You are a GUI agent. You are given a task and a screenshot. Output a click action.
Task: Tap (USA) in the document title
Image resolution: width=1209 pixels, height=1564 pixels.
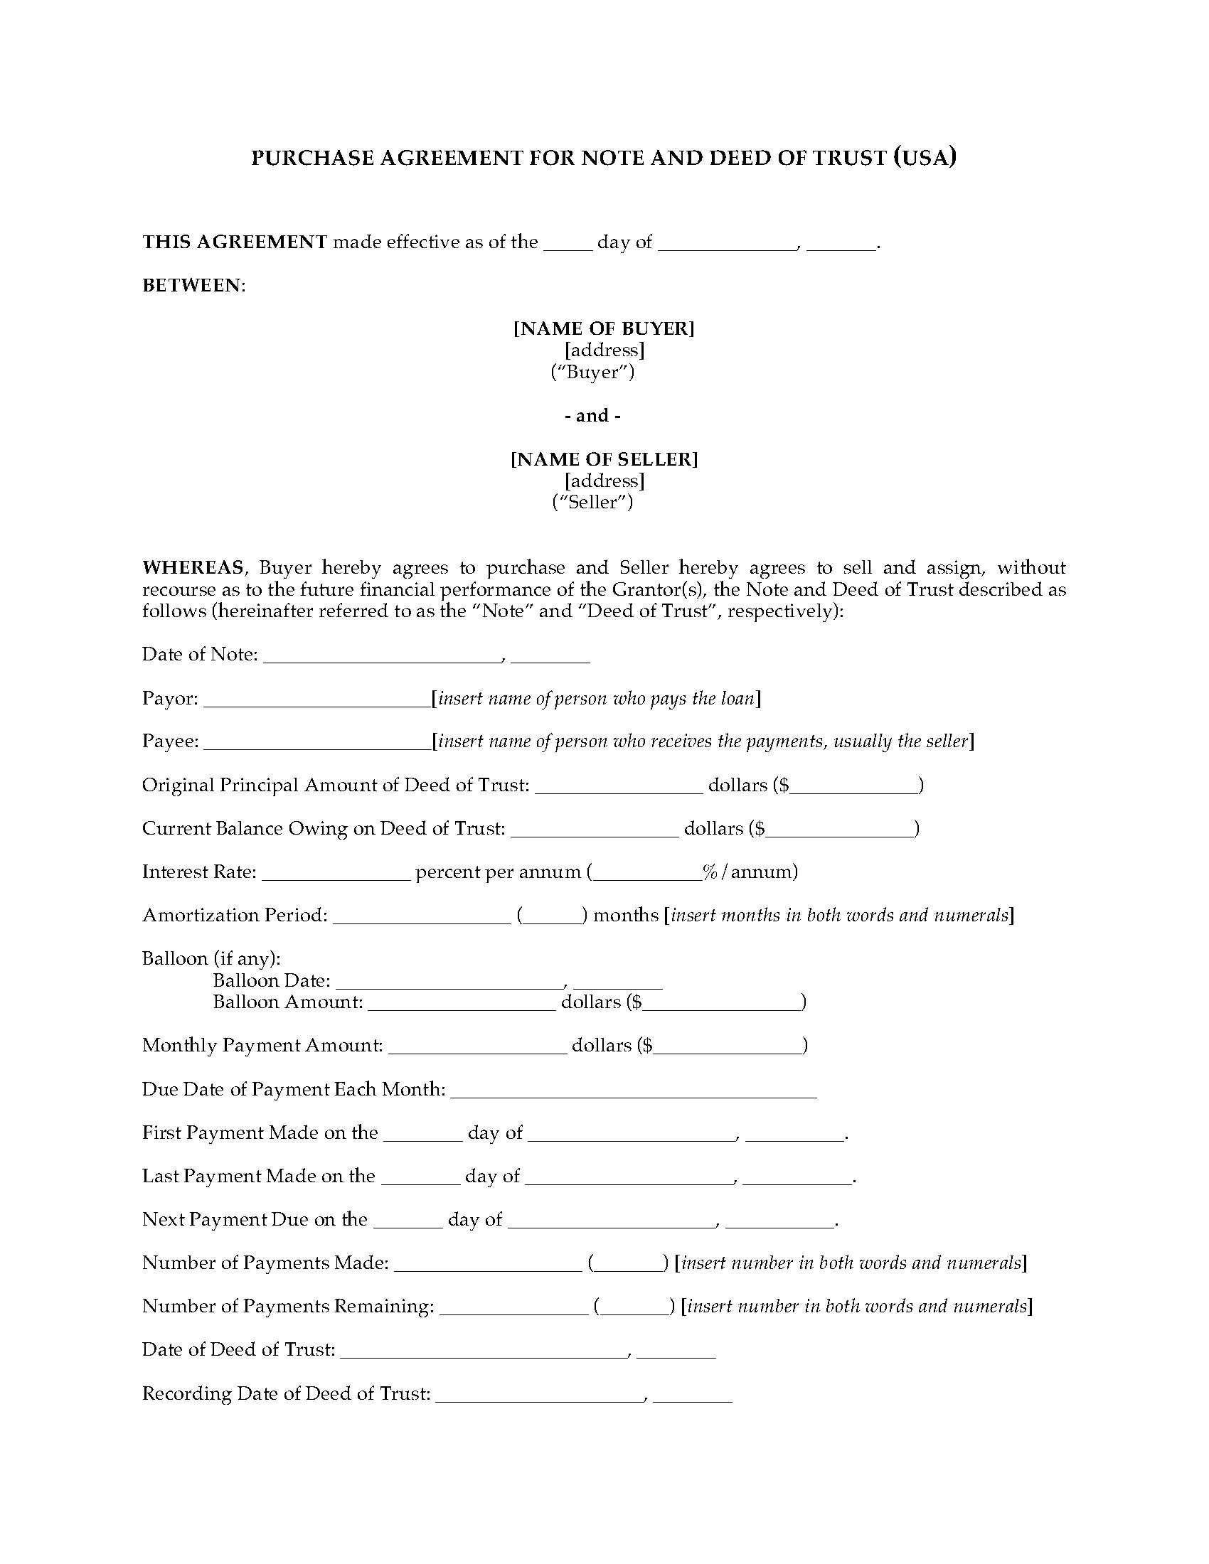pos(925,157)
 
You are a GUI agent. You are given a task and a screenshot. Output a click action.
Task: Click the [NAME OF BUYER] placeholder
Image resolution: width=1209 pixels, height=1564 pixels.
pos(604,328)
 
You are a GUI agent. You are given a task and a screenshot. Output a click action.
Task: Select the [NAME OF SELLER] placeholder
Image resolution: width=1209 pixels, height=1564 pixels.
pos(604,459)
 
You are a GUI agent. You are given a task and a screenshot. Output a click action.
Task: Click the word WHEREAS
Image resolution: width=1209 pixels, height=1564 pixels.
pos(193,568)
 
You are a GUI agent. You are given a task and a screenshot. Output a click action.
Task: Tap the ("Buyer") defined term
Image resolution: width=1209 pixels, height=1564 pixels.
pos(592,373)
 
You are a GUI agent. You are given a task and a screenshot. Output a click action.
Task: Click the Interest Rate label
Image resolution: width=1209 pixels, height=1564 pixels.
pos(199,872)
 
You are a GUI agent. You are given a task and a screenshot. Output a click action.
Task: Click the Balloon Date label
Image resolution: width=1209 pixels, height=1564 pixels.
pos(272,980)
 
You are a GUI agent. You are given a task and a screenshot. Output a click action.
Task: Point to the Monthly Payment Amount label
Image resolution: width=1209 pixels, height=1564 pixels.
pos(262,1046)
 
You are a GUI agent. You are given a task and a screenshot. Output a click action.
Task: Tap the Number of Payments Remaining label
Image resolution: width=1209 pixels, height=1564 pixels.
pos(288,1306)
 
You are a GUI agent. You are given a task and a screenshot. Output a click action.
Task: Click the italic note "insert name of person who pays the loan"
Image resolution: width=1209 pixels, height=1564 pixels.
pos(596,698)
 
